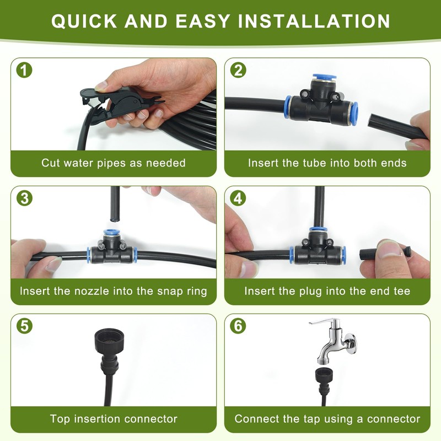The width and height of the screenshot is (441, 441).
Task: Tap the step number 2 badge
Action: point(238,71)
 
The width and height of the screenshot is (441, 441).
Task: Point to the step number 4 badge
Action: point(238,198)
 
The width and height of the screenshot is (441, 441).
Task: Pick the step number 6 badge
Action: point(238,326)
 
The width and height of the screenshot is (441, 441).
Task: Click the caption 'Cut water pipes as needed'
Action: point(114,163)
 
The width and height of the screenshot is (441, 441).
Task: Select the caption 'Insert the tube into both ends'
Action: point(327,163)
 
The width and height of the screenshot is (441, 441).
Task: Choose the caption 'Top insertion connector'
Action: point(114,419)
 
